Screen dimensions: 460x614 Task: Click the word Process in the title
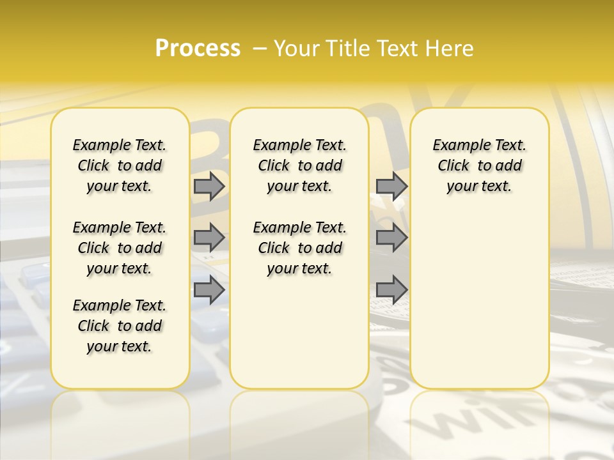198,49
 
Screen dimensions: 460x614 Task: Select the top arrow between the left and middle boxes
209,187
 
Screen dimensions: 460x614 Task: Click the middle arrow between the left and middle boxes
209,238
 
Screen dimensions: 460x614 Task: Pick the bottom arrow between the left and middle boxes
209,289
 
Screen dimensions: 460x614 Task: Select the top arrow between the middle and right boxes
391,187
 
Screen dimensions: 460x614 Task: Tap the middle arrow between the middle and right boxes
391,238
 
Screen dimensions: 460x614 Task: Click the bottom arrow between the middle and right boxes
391,289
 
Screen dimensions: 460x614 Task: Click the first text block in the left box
120,165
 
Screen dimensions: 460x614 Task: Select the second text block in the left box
120,248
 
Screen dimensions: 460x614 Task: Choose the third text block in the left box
120,326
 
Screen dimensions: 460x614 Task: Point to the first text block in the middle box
299,165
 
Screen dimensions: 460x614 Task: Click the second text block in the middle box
299,248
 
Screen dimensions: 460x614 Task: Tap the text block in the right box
479,165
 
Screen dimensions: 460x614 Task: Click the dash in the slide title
260,49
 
